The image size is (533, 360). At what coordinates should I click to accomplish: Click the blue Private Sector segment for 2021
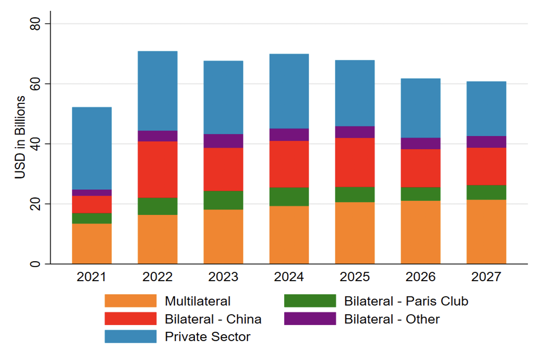(x=92, y=148)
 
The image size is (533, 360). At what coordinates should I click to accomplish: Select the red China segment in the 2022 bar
(x=157, y=170)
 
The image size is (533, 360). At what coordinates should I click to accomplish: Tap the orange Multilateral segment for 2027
(x=486, y=232)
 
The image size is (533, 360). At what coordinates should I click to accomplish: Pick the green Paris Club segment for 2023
(x=223, y=200)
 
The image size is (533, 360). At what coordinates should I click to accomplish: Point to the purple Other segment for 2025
(x=355, y=132)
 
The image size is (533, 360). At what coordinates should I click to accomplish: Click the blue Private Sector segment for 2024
(x=289, y=91)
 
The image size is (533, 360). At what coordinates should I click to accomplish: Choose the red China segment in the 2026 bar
(x=421, y=168)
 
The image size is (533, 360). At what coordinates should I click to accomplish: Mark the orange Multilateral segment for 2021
(x=92, y=243)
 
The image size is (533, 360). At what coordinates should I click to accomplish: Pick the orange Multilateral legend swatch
(x=130, y=301)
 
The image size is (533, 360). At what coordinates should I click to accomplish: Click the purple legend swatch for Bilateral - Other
(x=310, y=319)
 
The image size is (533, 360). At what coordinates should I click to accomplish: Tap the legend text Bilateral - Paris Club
(x=406, y=301)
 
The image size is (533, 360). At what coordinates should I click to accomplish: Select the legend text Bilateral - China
(x=213, y=319)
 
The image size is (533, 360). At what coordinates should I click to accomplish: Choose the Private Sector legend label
(x=208, y=336)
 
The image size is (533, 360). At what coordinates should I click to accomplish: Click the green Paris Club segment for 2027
(x=486, y=192)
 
